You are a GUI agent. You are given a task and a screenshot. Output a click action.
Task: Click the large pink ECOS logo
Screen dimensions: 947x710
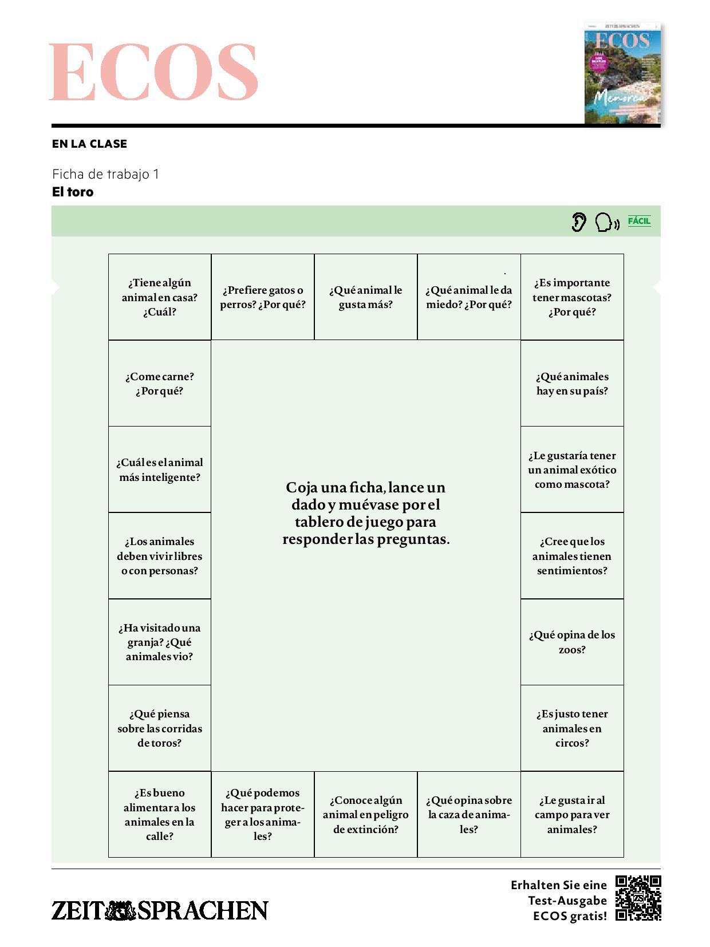point(153,72)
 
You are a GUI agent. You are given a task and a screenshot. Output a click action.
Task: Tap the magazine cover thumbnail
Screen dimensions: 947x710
point(622,73)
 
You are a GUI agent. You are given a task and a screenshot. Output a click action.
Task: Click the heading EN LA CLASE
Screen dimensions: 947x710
point(89,144)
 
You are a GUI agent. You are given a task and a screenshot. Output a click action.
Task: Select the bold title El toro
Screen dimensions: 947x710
point(73,192)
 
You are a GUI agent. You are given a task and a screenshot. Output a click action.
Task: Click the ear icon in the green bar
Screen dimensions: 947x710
point(579,222)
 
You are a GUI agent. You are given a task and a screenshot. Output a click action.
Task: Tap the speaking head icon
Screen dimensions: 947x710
point(606,222)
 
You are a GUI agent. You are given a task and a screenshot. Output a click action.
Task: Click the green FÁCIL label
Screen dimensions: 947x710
point(639,221)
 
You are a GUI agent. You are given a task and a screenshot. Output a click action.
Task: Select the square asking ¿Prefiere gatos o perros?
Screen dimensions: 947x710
point(263,297)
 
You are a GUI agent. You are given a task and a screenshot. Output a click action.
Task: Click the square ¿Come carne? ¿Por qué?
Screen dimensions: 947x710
point(160,384)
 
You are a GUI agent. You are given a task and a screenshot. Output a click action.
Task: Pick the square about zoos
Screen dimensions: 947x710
point(572,642)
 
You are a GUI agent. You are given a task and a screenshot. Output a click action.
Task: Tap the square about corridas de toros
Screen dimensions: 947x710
point(160,728)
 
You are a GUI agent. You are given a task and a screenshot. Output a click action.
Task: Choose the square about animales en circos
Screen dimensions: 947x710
point(572,728)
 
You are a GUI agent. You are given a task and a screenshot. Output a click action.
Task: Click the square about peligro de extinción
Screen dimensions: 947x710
point(366,814)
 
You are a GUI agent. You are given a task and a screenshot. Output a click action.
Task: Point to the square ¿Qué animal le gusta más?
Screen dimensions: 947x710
point(366,297)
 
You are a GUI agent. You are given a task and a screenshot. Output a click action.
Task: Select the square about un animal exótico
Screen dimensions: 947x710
point(572,469)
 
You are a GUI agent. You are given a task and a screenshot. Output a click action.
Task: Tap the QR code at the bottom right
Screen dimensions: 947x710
point(638,898)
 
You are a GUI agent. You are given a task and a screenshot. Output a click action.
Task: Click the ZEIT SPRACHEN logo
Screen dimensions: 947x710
point(160,910)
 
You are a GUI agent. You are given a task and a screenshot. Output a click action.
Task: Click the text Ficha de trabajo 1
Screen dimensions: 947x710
point(105,174)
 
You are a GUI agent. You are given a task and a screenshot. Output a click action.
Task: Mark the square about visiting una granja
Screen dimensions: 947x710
point(160,642)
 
